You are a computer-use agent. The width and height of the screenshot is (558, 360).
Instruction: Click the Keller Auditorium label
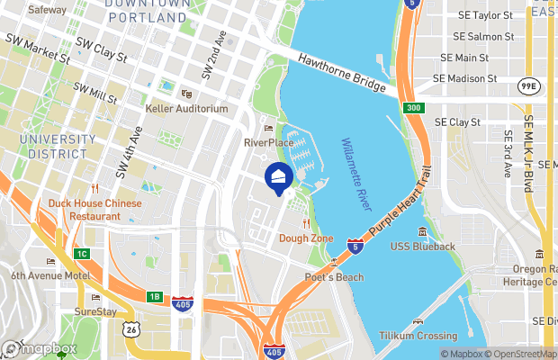tap(187, 109)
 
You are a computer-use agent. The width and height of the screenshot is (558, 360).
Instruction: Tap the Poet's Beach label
tap(333, 277)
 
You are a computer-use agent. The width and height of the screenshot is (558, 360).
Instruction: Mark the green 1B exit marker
tap(154, 296)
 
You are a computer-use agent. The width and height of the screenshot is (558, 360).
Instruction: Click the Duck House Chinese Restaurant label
tap(95, 210)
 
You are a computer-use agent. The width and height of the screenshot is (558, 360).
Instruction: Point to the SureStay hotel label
tap(95, 311)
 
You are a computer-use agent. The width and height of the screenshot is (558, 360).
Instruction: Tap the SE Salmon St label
tap(483, 37)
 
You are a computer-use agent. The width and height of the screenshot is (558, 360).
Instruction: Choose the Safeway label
tap(47, 10)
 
